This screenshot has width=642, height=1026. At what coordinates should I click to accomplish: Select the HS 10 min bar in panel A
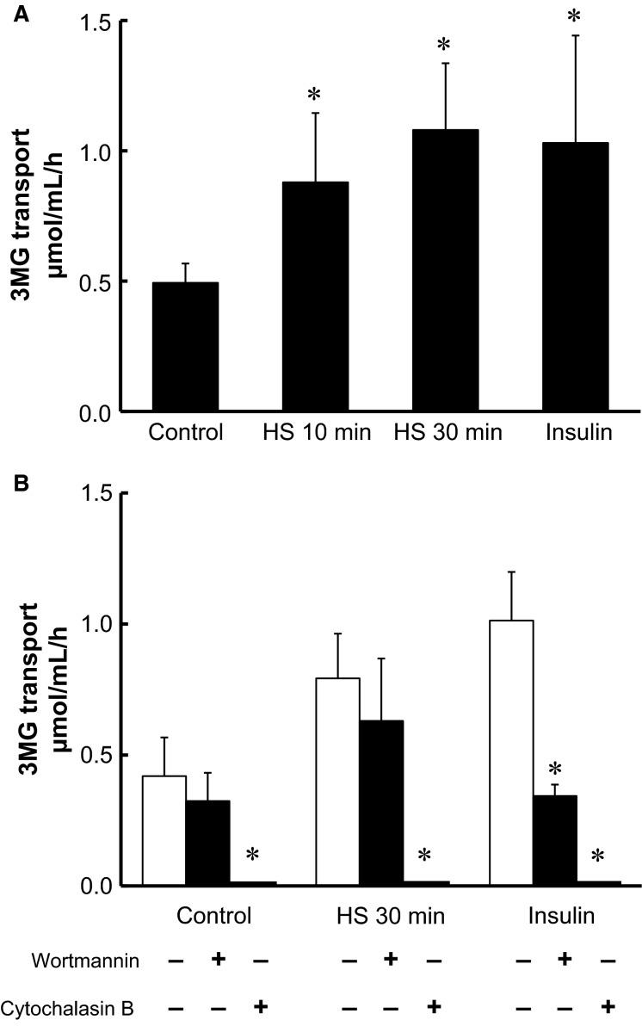coord(315,296)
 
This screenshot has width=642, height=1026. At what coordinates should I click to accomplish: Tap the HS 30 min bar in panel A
coord(445,270)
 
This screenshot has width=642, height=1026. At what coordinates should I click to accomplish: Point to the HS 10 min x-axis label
coord(317,433)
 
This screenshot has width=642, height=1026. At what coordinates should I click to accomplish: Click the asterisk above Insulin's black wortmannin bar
coord(554,769)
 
